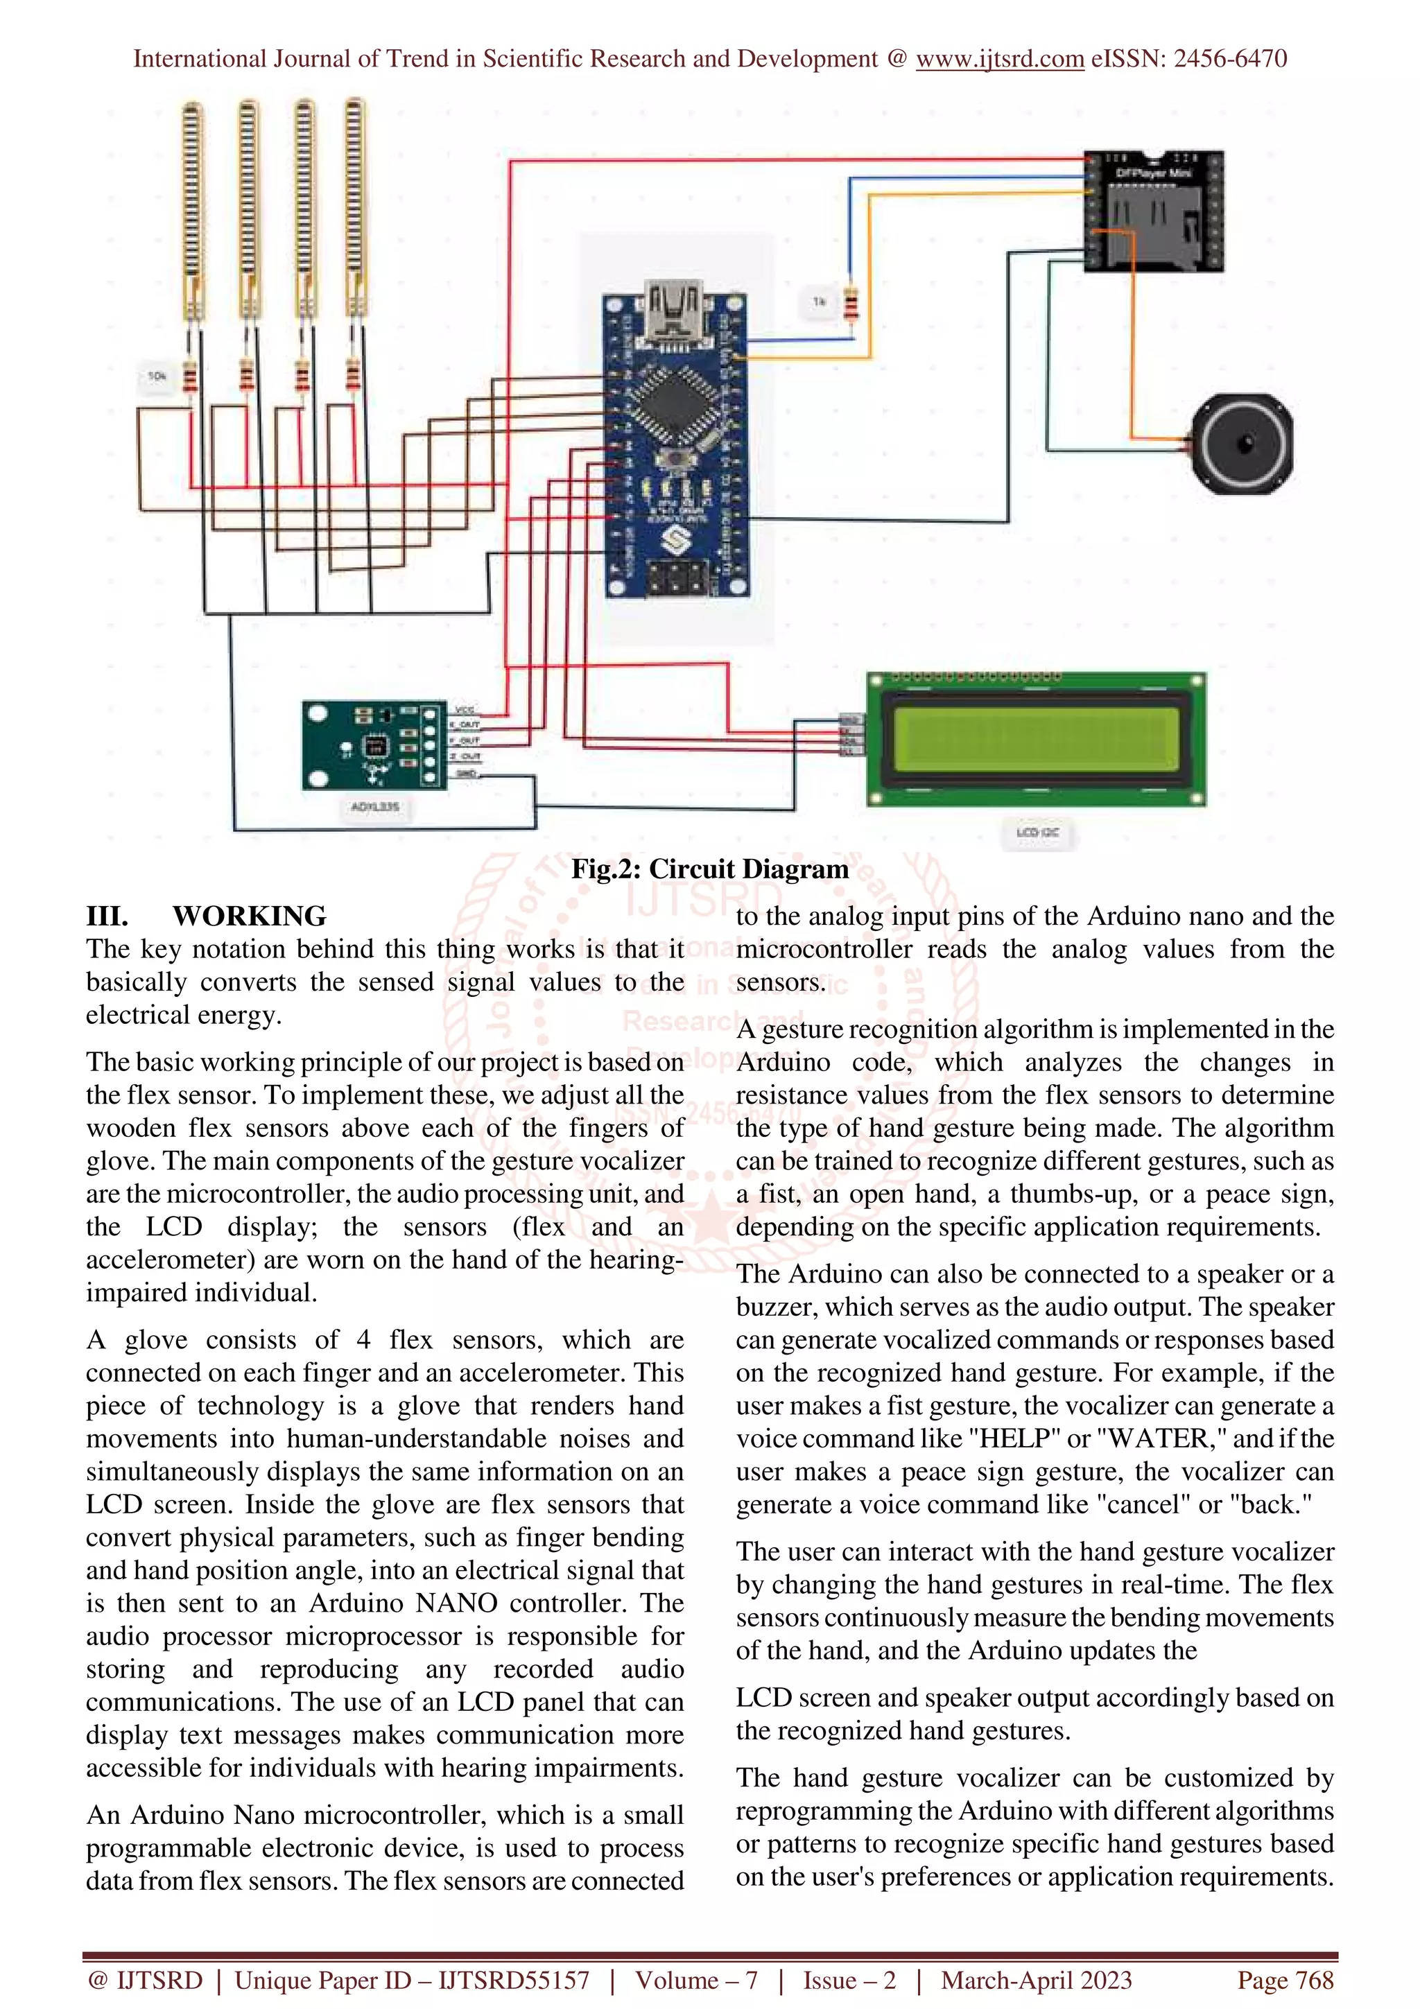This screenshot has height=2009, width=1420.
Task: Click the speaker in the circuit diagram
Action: [1242, 444]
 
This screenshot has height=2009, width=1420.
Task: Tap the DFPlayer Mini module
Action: [1153, 211]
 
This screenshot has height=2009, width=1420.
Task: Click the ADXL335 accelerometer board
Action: [374, 745]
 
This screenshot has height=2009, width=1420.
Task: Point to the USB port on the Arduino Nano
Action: [673, 308]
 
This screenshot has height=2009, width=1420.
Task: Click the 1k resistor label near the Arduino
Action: [819, 301]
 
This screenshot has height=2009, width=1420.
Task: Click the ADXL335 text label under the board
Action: [374, 806]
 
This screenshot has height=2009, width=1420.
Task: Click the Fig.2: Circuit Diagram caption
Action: [709, 869]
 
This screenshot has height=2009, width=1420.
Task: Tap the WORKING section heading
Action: [250, 916]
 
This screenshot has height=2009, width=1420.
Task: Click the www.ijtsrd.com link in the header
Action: [999, 59]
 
